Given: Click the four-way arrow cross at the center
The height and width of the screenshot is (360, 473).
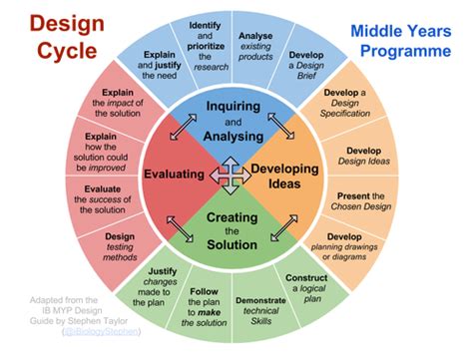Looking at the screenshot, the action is (232, 175).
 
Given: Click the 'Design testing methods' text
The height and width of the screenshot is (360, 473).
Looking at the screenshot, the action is (118, 244).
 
